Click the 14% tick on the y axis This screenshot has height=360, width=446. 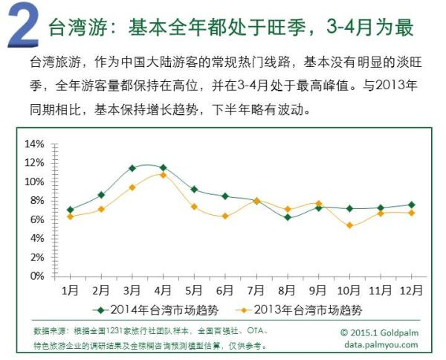[x=35, y=144]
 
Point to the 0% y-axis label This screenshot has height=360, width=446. [x=37, y=276]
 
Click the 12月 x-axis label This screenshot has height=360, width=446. [x=411, y=289]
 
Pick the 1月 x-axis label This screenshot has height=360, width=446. [x=71, y=289]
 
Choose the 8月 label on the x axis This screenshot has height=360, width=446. [x=287, y=289]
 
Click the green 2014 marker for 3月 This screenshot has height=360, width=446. [x=132, y=168]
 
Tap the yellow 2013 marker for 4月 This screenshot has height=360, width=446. [x=164, y=175]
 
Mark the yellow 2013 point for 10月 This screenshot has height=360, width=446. [x=349, y=225]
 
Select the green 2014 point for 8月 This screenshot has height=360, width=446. [x=288, y=217]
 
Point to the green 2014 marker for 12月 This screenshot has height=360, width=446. [x=411, y=205]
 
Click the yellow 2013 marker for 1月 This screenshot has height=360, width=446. [x=70, y=216]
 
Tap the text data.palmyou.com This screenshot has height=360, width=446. [x=381, y=344]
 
